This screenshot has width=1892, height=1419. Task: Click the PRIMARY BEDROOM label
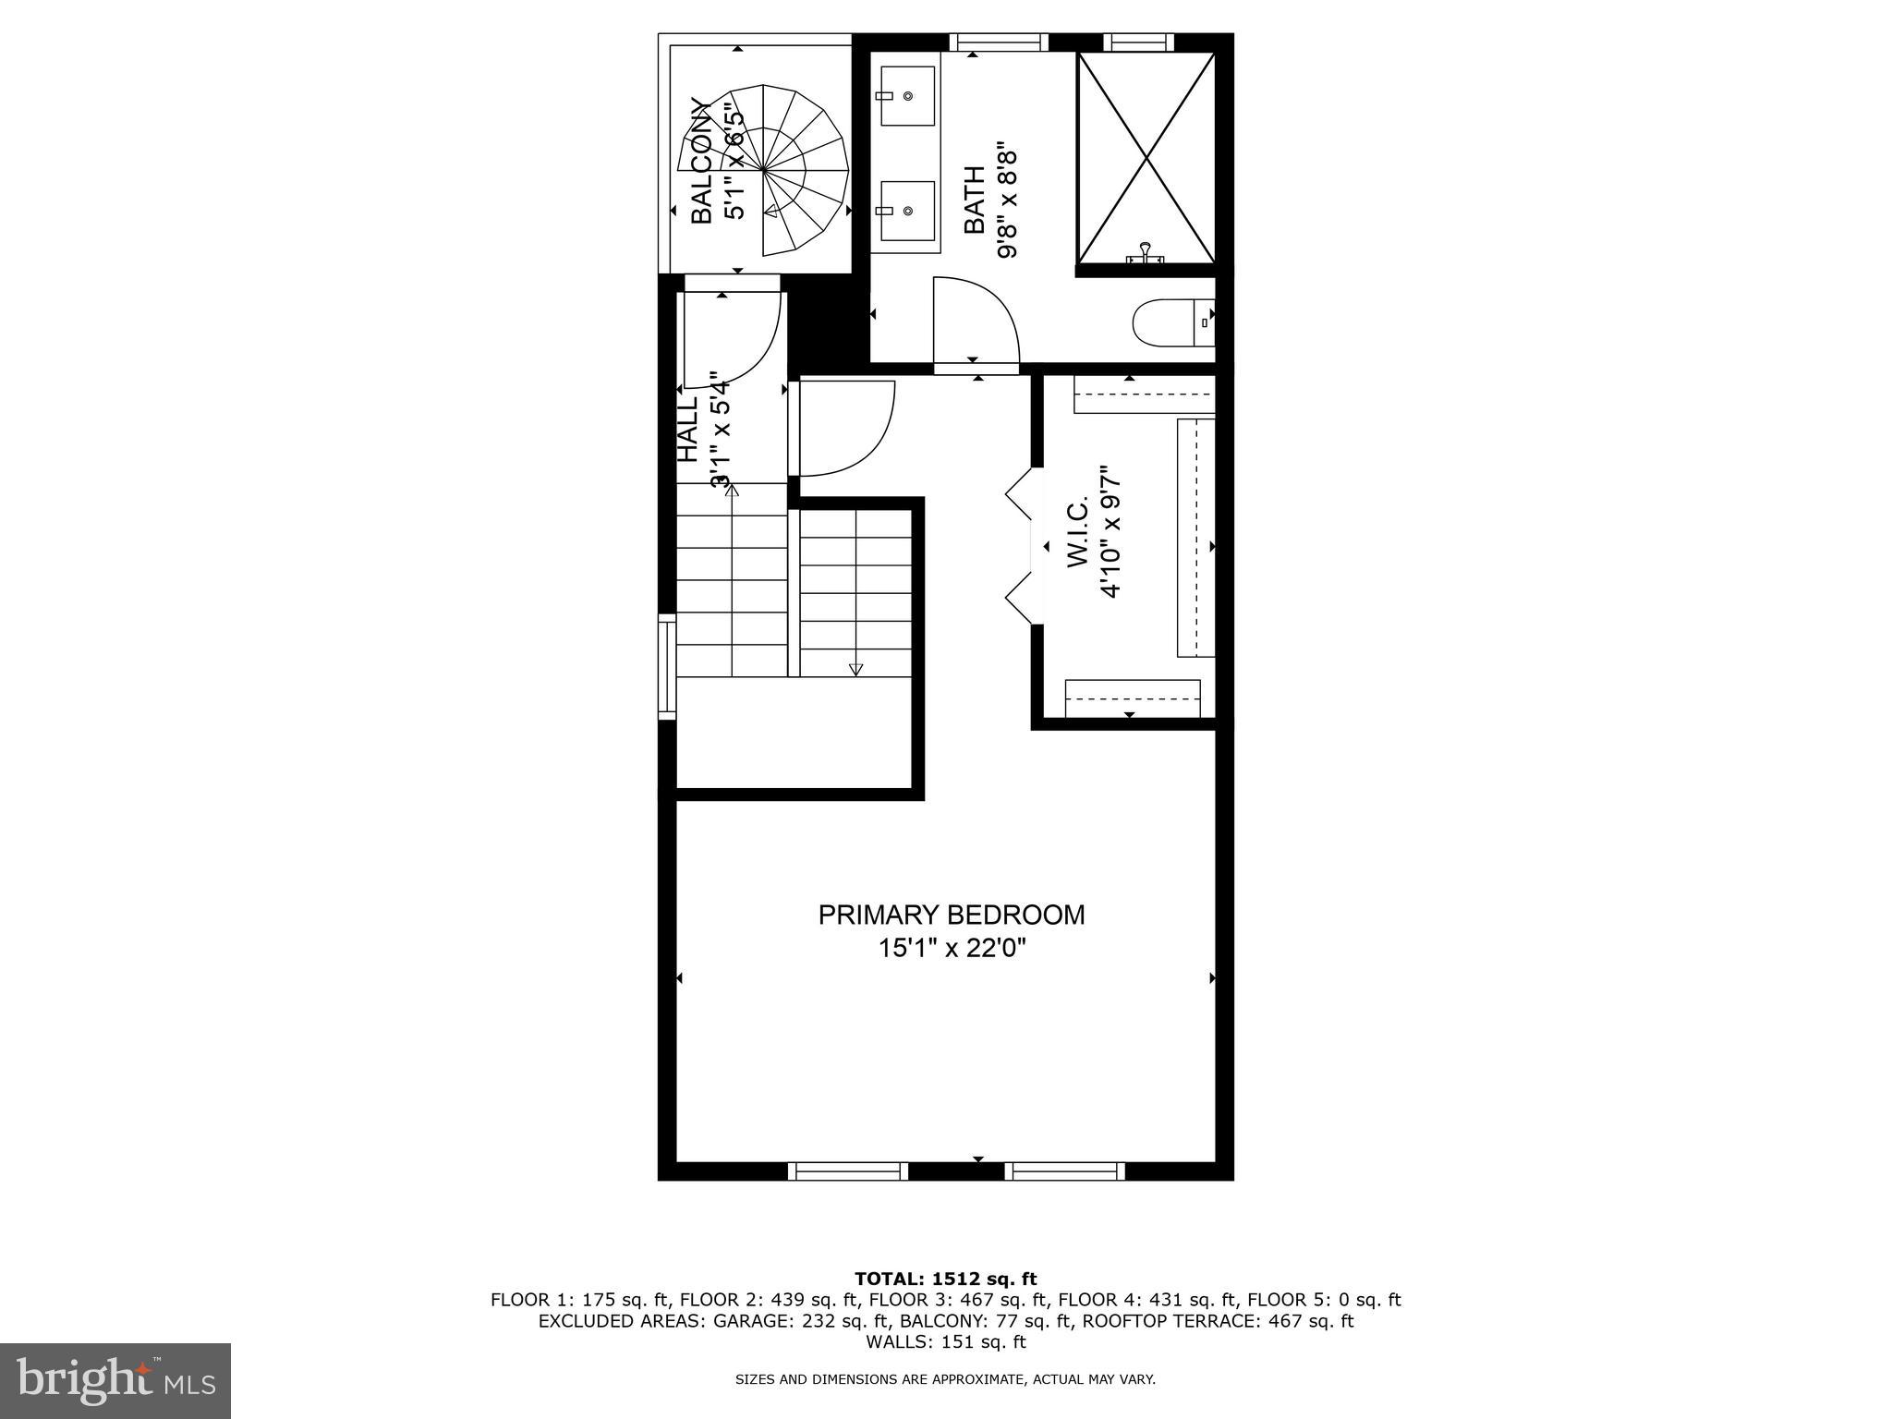click(952, 915)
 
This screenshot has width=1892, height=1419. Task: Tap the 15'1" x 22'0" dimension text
click(952, 948)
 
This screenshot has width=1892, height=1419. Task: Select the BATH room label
click(975, 200)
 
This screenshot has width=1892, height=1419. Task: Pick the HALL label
click(687, 429)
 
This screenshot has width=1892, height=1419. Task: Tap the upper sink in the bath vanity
click(908, 95)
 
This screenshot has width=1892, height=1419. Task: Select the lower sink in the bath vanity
click(908, 211)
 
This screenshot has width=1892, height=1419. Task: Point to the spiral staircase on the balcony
click(764, 170)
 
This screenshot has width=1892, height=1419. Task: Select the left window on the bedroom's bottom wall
click(848, 1170)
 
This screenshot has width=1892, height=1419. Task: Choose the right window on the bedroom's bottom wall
click(1064, 1170)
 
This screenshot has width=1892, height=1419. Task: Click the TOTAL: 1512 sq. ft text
click(945, 1280)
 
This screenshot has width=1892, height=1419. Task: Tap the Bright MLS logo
click(115, 1380)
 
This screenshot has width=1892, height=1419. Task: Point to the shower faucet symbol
click(1146, 252)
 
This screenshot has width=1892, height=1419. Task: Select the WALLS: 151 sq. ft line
click(945, 1341)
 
